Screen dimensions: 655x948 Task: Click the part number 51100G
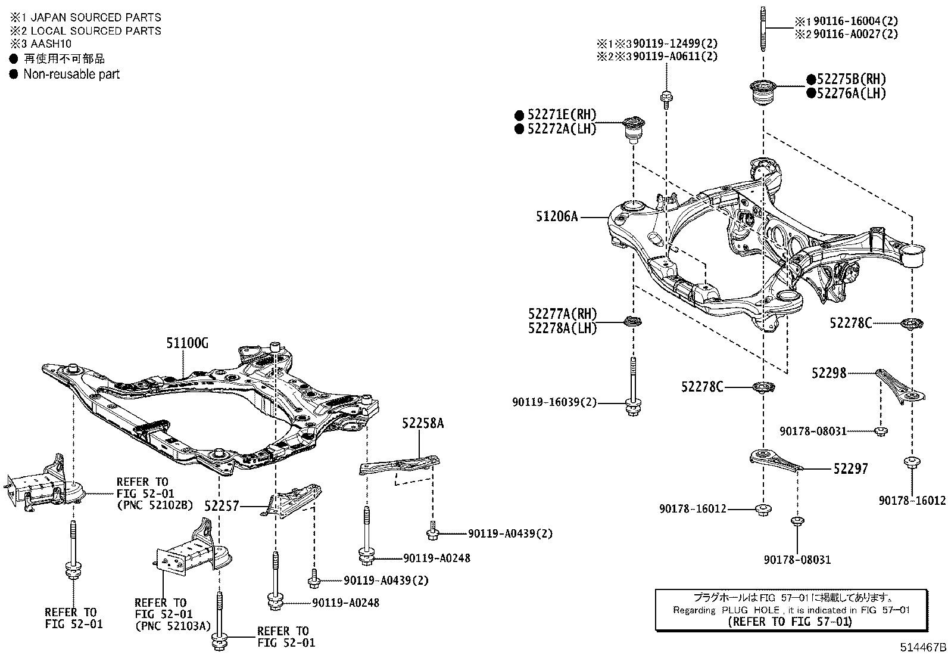188,343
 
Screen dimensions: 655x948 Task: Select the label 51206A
557,217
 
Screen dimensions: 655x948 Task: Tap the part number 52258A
423,424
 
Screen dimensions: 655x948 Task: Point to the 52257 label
221,506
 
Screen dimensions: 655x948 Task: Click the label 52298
828,373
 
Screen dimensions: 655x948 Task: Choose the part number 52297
850,469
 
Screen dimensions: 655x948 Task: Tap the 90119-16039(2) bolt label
554,403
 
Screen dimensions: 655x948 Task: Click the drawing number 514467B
923,647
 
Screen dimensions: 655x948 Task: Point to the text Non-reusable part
71,74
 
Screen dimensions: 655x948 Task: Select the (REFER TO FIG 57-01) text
790,622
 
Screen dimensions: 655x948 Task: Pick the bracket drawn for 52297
772,460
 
